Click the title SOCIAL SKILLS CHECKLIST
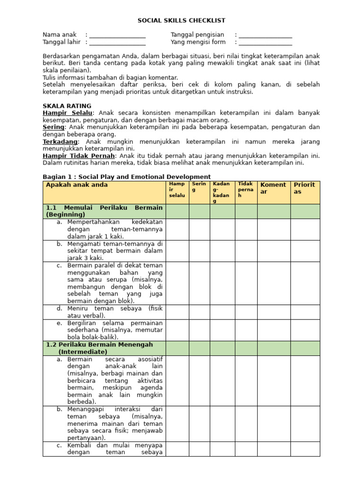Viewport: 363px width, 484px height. point(181,21)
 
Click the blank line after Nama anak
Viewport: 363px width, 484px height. point(117,35)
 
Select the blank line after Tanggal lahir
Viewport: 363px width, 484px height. point(117,43)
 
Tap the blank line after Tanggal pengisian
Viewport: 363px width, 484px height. point(265,35)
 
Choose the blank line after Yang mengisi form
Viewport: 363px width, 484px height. point(265,43)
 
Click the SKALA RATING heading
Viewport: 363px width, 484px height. point(67,106)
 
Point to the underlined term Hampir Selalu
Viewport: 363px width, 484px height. point(68,113)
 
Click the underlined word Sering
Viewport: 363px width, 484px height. point(53,127)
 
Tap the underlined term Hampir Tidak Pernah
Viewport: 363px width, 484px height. point(78,156)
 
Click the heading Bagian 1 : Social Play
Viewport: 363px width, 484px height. point(127,177)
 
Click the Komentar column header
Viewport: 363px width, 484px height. point(274,188)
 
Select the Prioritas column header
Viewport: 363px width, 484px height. point(305,188)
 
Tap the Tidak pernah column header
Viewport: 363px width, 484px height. point(246,190)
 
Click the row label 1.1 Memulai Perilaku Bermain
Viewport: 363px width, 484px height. point(104,211)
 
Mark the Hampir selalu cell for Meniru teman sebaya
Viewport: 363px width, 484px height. point(178,312)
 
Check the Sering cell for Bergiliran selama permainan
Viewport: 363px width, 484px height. point(199,330)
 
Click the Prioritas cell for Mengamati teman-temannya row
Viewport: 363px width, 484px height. point(305,251)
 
